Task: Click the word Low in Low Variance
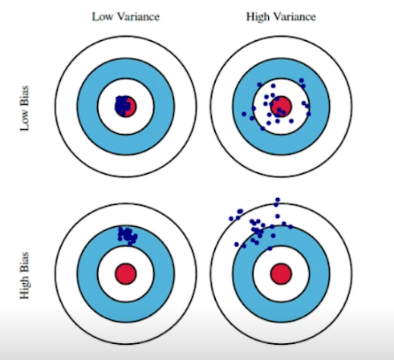[103, 17]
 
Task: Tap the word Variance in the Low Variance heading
[138, 17]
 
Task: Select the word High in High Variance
[258, 17]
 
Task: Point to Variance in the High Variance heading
[294, 17]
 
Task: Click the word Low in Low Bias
[24, 122]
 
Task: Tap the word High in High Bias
[25, 288]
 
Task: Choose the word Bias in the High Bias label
[24, 263]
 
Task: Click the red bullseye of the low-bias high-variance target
[281, 107]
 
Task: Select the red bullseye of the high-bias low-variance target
[126, 273]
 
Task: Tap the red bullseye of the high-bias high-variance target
[281, 273]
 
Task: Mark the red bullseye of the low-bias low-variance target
[126, 107]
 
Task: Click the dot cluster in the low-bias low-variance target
[123, 106]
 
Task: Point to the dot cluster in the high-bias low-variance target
[128, 236]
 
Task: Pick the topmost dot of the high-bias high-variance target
[278, 200]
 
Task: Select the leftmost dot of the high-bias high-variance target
[231, 219]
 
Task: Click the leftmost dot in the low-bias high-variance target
[244, 114]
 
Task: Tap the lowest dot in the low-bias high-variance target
[262, 128]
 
